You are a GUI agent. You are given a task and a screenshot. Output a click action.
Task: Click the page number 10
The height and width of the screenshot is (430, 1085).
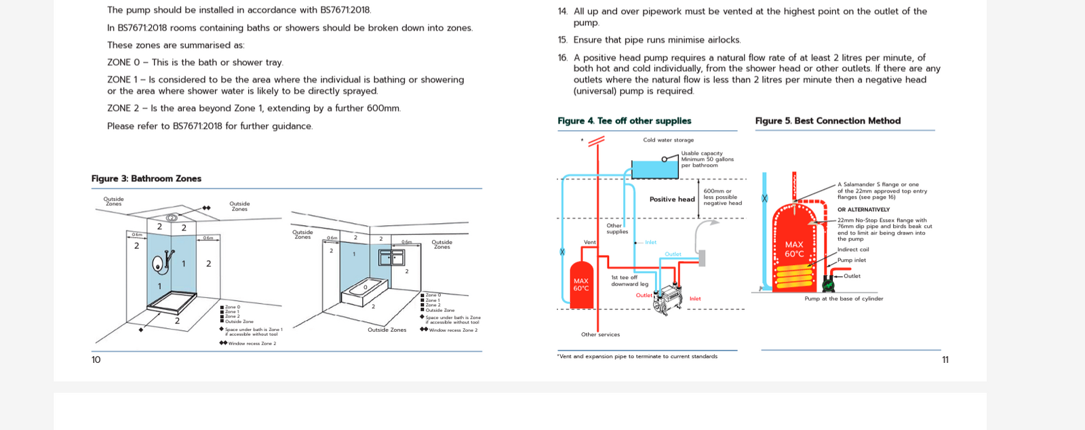pos(96,359)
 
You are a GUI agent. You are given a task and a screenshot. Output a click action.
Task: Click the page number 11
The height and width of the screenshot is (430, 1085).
pos(945,359)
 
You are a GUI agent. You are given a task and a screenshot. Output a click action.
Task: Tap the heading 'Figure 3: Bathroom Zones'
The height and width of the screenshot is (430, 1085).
pos(146,178)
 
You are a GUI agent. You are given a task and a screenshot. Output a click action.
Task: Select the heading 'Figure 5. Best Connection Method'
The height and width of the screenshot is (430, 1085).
pos(828,121)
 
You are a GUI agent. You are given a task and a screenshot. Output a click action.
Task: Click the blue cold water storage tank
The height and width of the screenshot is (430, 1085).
pos(654,169)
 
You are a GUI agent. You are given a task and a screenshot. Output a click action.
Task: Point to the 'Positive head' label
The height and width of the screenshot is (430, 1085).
pos(672,199)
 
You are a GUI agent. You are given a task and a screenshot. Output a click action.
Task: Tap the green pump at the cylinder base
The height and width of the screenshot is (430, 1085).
pos(829,282)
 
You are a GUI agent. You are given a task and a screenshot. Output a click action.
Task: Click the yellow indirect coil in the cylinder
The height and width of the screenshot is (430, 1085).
pos(794,276)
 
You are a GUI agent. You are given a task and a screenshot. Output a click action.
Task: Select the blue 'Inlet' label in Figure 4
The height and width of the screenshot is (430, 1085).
pos(650,242)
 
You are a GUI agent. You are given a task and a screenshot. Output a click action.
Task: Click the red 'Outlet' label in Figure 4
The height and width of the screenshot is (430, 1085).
pos(644,295)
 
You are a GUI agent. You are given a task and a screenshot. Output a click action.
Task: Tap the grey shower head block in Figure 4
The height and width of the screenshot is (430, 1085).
pos(702,258)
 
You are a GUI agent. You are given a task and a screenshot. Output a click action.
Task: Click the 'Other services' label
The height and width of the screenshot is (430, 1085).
pos(600,334)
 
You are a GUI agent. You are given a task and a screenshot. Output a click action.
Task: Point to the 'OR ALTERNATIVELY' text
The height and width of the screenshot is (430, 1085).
pos(863,210)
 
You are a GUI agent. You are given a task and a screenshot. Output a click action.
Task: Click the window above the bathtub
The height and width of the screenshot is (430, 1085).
pos(391,257)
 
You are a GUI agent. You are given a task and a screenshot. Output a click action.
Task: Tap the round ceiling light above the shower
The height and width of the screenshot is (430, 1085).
pos(172,218)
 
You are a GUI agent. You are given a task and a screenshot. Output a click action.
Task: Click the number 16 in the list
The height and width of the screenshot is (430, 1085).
pos(562,58)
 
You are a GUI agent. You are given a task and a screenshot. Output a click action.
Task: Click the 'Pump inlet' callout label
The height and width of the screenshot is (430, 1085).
pos(851,260)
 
